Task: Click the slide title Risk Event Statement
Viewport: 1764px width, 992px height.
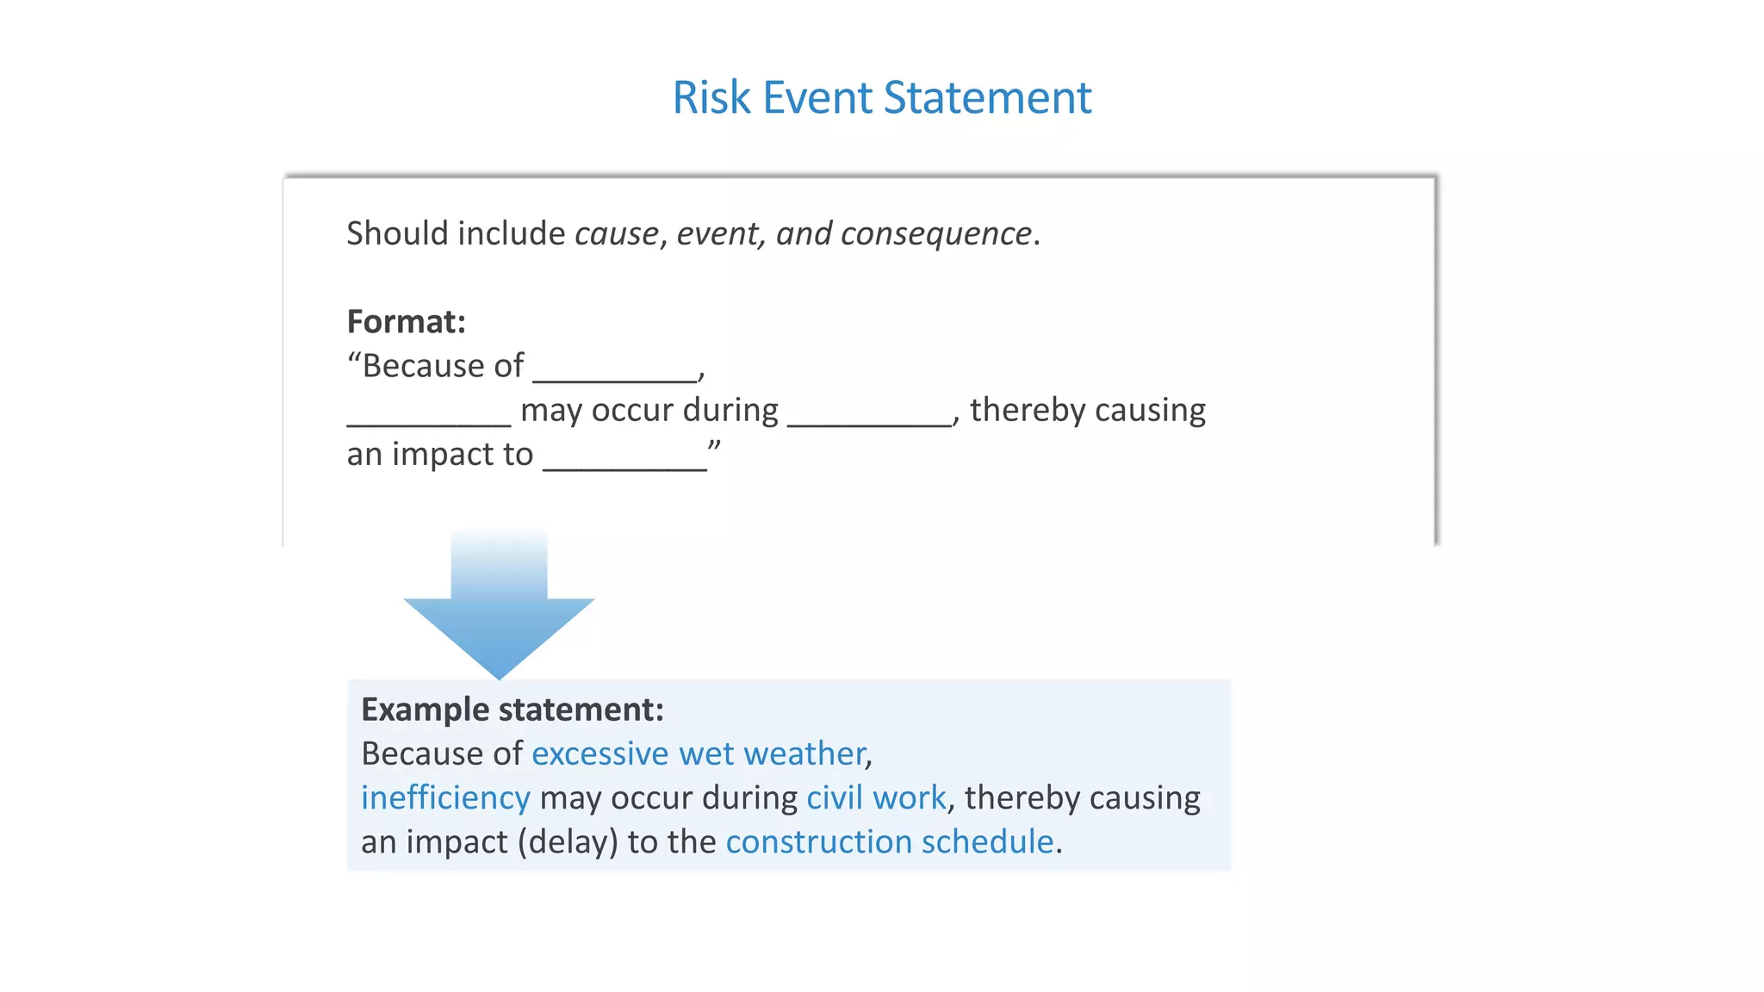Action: [x=881, y=97]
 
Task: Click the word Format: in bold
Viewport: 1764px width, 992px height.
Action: [x=406, y=322]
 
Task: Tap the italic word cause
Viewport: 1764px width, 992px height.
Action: [x=616, y=234]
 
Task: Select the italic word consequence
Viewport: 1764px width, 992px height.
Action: [x=935, y=234]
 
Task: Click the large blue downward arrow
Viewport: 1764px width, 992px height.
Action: [x=499, y=616]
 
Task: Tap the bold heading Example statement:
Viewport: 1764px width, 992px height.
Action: [x=512, y=710]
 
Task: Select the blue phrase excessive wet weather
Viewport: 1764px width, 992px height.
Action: [x=699, y=754]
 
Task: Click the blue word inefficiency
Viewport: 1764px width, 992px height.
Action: [x=445, y=798]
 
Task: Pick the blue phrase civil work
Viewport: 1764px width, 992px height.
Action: [x=876, y=798]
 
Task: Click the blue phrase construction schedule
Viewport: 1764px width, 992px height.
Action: [x=890, y=842]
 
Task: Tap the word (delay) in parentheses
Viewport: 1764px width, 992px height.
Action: [x=568, y=842]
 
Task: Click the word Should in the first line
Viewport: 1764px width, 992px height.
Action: [x=396, y=234]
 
